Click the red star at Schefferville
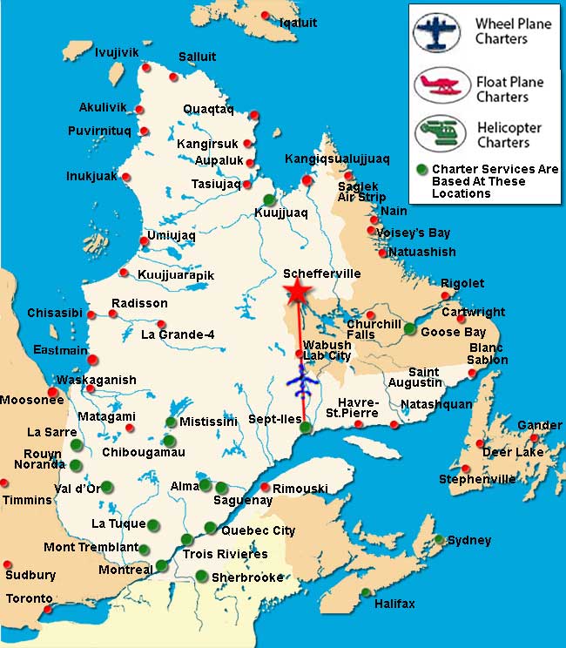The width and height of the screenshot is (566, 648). (x=297, y=293)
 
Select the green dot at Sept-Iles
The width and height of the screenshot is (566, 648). (x=305, y=427)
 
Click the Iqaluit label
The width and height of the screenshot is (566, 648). (x=299, y=23)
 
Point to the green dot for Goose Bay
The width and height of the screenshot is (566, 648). (x=410, y=328)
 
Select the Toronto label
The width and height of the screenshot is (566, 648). (x=30, y=599)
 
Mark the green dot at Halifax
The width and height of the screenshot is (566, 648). (x=366, y=593)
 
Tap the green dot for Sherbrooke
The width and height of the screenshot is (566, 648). (x=202, y=575)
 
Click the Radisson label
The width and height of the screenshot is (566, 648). (x=139, y=304)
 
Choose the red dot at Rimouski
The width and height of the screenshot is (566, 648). (x=266, y=487)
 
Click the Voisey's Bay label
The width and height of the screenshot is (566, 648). (x=414, y=233)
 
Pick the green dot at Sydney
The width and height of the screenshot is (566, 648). (x=441, y=539)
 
